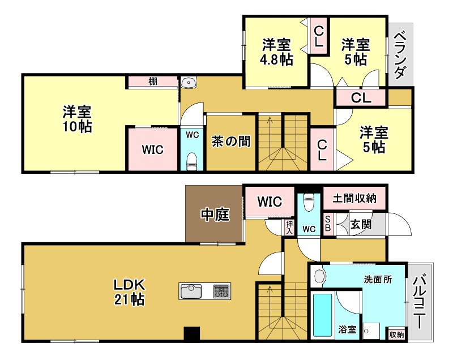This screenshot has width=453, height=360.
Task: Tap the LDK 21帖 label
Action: tap(131, 291)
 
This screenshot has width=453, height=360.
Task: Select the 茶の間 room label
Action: tap(231, 141)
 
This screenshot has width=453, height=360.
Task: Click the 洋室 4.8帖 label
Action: tap(277, 52)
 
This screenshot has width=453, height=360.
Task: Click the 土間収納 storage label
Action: tap(355, 199)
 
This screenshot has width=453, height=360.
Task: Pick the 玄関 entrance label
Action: tap(361, 224)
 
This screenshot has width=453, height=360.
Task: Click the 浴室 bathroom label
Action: tap(348, 329)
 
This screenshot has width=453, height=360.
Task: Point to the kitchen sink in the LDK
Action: tap(192, 292)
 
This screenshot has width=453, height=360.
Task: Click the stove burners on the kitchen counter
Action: tap(221, 292)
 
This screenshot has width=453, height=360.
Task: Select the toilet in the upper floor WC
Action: tap(192, 160)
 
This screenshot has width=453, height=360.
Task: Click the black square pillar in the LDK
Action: tap(192, 335)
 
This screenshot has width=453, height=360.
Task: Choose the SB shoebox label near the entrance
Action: tap(328, 224)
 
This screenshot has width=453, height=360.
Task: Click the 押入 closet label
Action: tap(289, 228)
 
